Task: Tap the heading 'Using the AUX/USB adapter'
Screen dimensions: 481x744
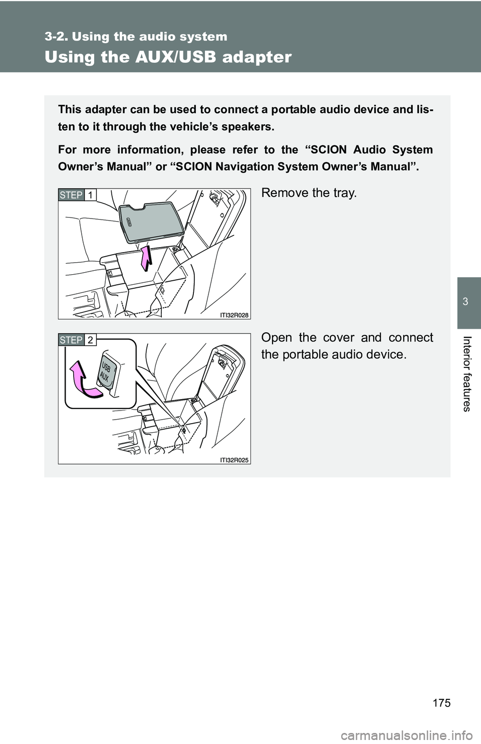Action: [168, 57]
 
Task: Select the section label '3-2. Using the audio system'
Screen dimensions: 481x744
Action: [136, 36]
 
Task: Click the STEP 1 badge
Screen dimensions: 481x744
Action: [77, 195]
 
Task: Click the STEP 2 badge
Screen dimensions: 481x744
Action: [77, 340]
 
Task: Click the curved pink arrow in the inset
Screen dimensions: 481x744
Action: [83, 380]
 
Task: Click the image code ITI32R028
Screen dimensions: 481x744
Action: [234, 315]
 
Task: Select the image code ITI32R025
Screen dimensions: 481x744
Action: [234, 460]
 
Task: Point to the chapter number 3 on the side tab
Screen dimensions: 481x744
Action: [465, 302]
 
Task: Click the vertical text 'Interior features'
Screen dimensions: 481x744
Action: [467, 374]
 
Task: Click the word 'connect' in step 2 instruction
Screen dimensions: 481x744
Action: [411, 338]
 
